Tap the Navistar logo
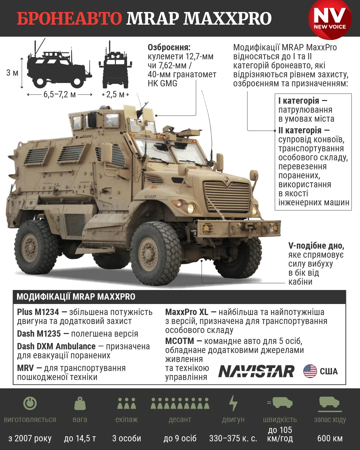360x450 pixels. pyautogui.click(x=256, y=371)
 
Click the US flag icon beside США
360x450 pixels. pyautogui.click(x=310, y=371)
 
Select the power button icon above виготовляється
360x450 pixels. pyautogui.click(x=30, y=403)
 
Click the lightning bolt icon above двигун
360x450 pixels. pyautogui.click(x=233, y=403)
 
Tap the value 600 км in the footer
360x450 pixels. pyautogui.click(x=330, y=438)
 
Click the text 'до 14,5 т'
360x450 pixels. pyautogui.click(x=80, y=438)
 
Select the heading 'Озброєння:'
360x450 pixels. pyautogui.click(x=169, y=48)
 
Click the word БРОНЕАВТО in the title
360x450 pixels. pyautogui.click(x=69, y=18)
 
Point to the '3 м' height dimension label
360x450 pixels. pyautogui.click(x=12, y=73)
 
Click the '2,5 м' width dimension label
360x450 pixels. pyautogui.click(x=115, y=95)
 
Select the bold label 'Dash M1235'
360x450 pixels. pyautogui.click(x=39, y=334)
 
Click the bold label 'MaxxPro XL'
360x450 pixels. pyautogui.click(x=187, y=312)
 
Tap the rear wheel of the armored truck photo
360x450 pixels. pyautogui.click(x=36, y=247)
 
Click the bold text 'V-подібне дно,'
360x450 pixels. pyautogui.click(x=316, y=246)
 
